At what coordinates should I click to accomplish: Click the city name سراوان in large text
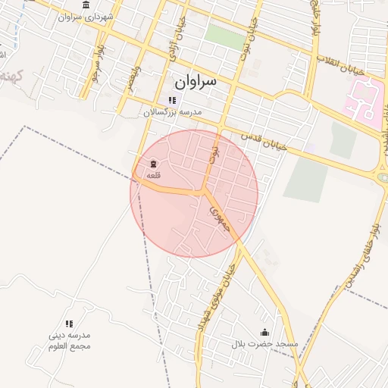point(195,80)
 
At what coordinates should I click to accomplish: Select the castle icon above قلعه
point(154,164)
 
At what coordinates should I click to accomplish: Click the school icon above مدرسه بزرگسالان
point(173,100)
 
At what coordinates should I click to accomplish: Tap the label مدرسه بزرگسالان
point(174,111)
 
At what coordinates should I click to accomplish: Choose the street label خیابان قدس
point(264,142)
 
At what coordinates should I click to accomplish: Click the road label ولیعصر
point(135,77)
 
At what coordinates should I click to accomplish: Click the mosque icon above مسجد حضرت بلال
point(264,332)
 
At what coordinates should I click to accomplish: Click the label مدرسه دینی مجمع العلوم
point(69,340)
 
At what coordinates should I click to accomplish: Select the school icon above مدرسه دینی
point(69,324)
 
